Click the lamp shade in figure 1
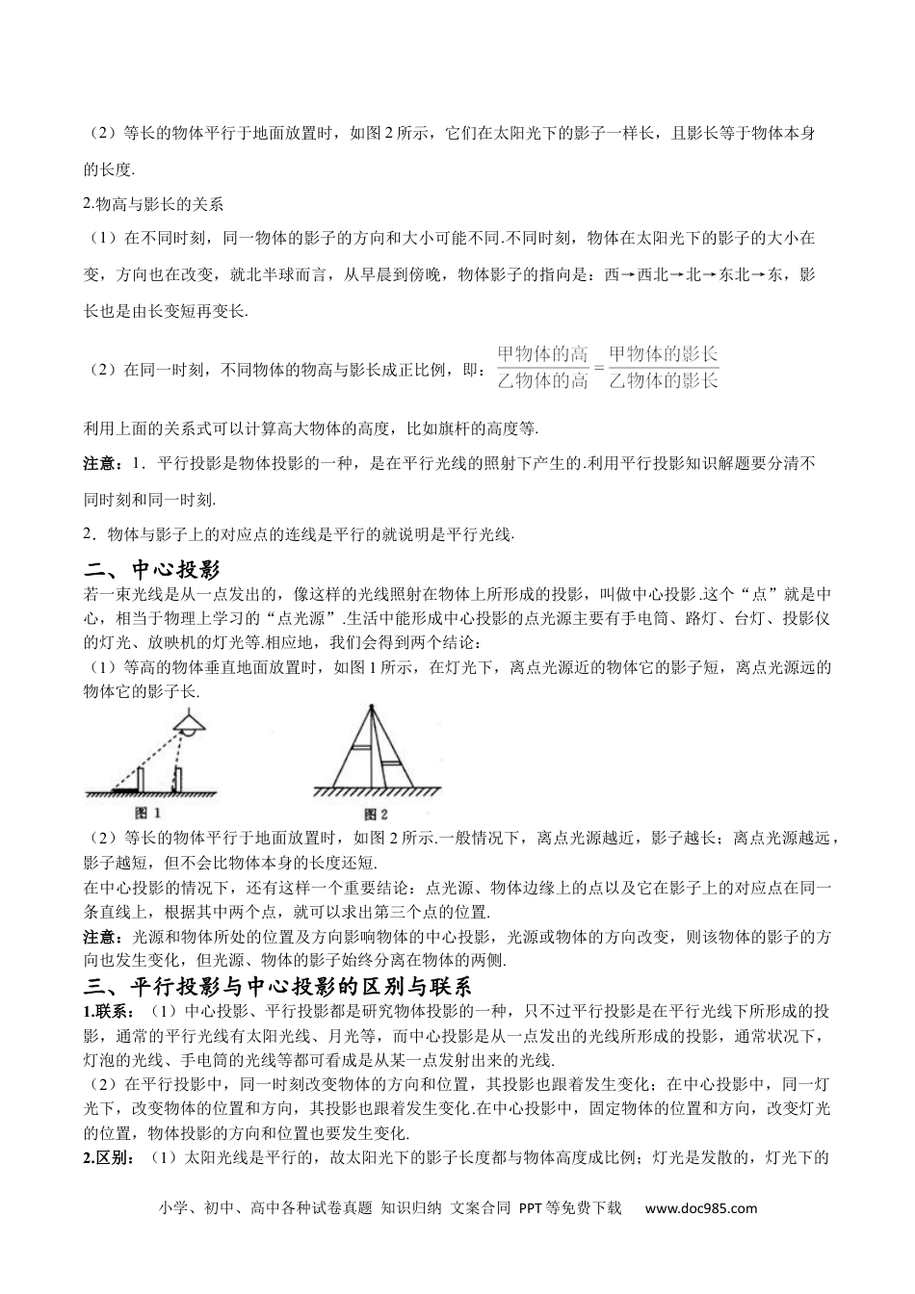click(x=189, y=722)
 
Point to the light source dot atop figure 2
click(x=371, y=710)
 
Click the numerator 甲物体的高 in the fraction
click(x=542, y=354)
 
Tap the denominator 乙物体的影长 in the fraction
click(x=664, y=380)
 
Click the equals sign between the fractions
click(x=598, y=368)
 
